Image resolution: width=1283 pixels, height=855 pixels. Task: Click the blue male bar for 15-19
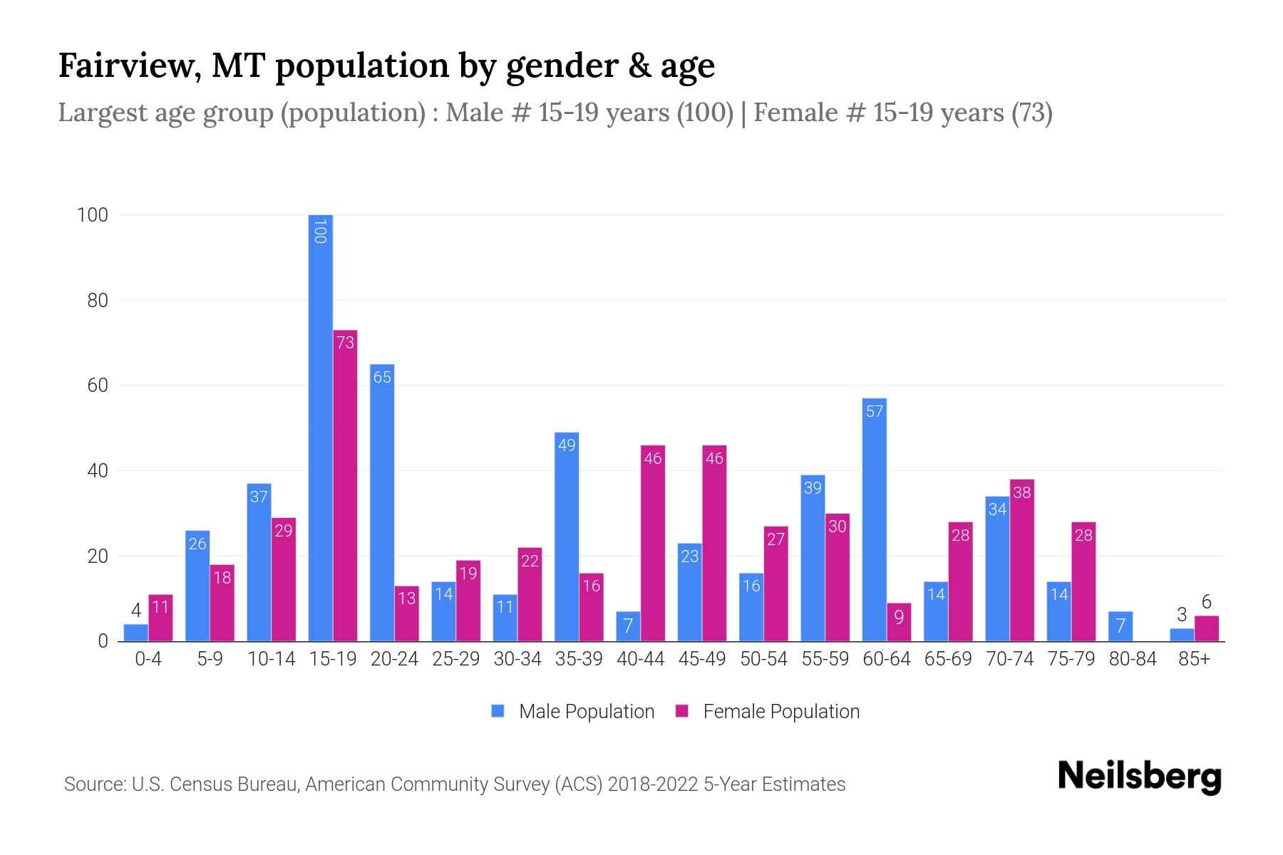point(321,427)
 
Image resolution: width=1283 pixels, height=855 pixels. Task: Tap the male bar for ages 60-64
point(875,520)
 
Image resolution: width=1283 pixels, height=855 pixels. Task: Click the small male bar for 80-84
point(1120,626)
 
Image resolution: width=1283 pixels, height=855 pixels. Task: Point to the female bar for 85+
point(1207,628)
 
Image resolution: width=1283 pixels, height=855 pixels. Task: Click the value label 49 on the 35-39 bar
point(567,445)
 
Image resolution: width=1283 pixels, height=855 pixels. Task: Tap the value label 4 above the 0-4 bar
point(136,611)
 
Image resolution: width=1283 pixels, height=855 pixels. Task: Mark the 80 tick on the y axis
point(98,301)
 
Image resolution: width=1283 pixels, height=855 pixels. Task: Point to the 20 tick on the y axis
point(98,556)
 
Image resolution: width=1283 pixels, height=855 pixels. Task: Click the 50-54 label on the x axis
point(763,659)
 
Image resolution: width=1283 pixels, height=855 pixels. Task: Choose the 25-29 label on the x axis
point(455,659)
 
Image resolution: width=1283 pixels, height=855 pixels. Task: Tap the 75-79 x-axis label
point(1071,659)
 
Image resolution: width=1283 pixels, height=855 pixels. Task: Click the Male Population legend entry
point(586,712)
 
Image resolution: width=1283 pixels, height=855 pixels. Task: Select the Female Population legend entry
point(780,712)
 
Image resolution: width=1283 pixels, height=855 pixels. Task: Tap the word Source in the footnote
point(93,784)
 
